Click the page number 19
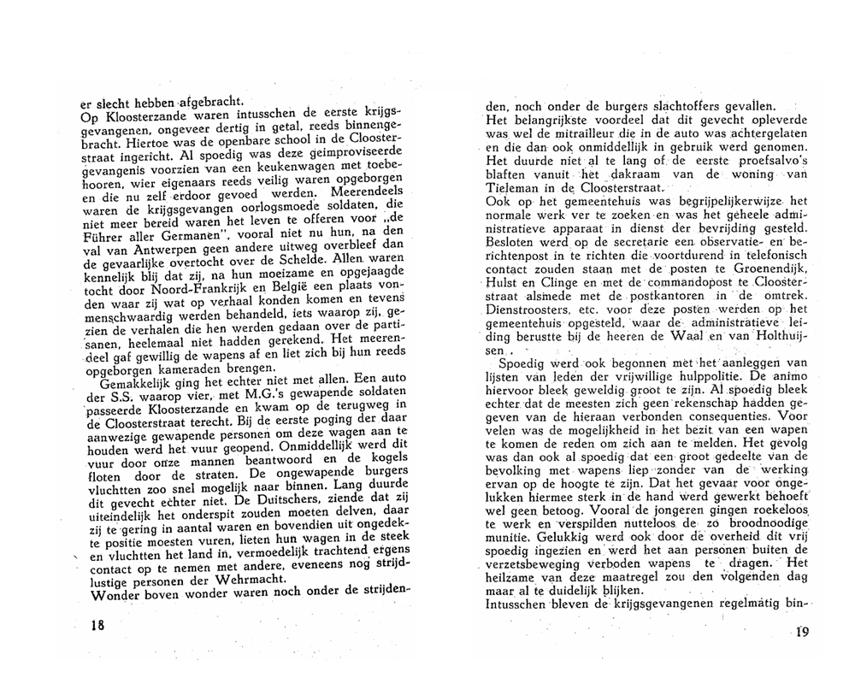coord(800,633)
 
